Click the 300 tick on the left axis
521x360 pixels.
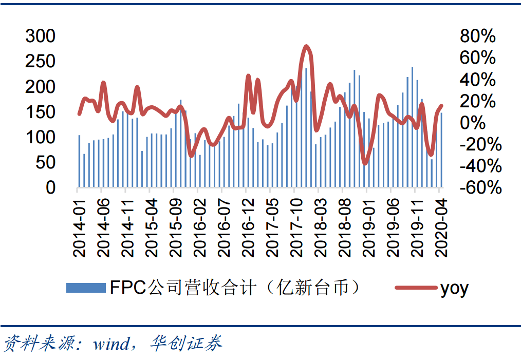[41, 36]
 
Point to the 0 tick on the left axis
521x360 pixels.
[50, 188]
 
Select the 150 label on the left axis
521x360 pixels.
[41, 112]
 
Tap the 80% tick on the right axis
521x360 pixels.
[478, 36]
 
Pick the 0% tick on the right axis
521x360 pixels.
[483, 123]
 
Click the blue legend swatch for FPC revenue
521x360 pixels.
[85, 288]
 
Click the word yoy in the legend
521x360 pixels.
[454, 289]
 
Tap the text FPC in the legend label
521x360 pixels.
[127, 288]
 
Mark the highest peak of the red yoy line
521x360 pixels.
[307, 46]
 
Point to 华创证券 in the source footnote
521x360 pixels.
[186, 343]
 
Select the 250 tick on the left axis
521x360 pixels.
[41, 62]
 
